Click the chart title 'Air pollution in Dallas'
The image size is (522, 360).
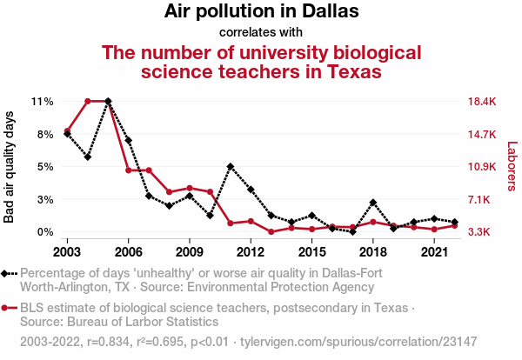point(261,12)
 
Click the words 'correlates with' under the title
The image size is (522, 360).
point(261,33)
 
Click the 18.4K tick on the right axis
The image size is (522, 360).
point(481,102)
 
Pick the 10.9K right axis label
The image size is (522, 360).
point(481,167)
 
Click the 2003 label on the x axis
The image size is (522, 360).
point(67,252)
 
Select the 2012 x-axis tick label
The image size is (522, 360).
point(251,252)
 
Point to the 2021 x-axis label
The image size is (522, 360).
point(434,252)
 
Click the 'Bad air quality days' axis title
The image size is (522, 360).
point(10,167)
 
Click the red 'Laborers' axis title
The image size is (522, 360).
point(512,167)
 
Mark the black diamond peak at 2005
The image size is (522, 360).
point(108,102)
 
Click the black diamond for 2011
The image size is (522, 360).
point(231,166)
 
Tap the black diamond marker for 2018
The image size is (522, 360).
point(373,203)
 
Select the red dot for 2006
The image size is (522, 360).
point(129,170)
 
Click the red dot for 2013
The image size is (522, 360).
point(271,232)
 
